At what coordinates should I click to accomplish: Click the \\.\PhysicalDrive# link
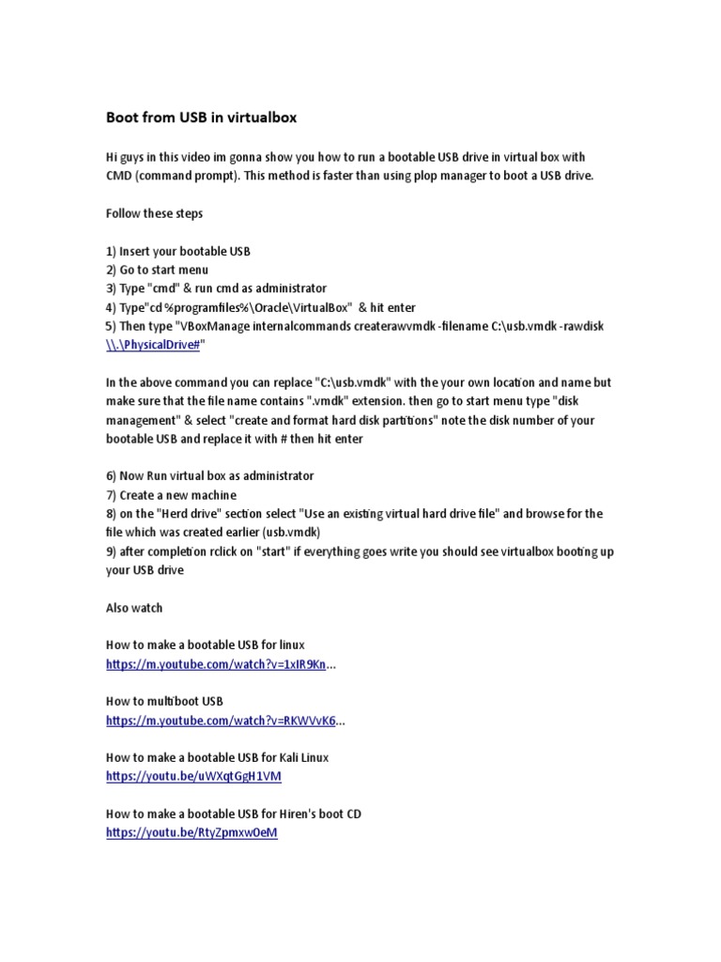pyautogui.click(x=154, y=345)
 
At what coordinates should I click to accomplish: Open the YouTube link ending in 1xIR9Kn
pyautogui.click(x=216, y=664)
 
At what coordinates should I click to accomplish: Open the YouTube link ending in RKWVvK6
pyautogui.click(x=221, y=721)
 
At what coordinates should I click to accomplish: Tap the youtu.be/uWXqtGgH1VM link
pyautogui.click(x=193, y=777)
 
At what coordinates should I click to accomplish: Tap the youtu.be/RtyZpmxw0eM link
pyautogui.click(x=192, y=833)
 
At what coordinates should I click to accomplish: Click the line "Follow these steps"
pyautogui.click(x=154, y=213)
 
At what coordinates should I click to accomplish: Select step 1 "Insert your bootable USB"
pyautogui.click(x=178, y=251)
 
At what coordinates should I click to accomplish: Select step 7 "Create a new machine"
pyautogui.click(x=171, y=495)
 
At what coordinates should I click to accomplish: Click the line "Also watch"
pyautogui.click(x=134, y=608)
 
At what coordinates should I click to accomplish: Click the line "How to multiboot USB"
pyautogui.click(x=164, y=702)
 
